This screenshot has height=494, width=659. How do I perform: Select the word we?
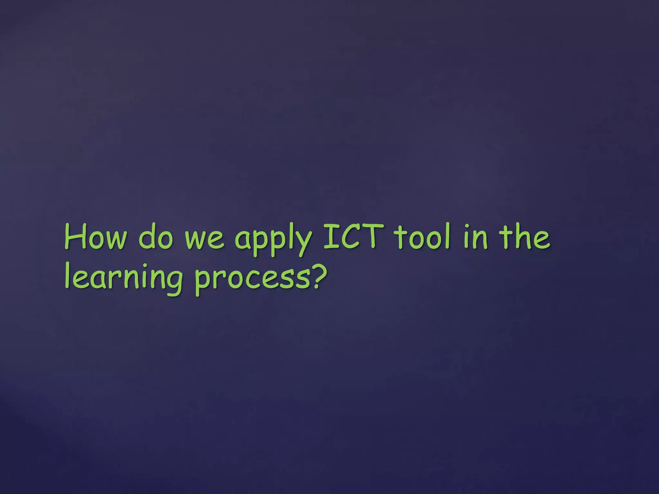(x=204, y=240)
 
